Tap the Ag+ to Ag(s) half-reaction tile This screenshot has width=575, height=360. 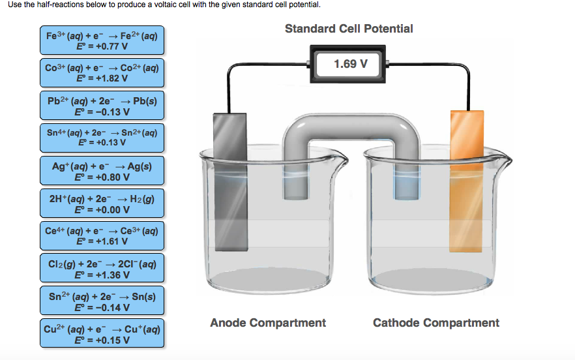click(x=102, y=171)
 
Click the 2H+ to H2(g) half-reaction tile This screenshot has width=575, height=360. click(x=102, y=203)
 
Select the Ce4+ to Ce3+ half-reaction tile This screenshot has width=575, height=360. click(x=102, y=236)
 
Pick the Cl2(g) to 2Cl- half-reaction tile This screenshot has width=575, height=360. click(x=102, y=269)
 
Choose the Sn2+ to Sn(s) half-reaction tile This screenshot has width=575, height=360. click(x=102, y=301)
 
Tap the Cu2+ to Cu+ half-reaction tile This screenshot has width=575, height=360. click(x=102, y=333)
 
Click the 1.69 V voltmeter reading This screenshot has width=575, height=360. click(x=350, y=64)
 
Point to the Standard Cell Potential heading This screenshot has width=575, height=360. click(x=349, y=29)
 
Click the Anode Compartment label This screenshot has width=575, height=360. click(x=268, y=323)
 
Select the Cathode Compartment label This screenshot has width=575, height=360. click(x=436, y=323)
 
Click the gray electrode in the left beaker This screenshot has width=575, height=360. click(x=231, y=183)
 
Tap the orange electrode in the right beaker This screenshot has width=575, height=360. click(x=467, y=183)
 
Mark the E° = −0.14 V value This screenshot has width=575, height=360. click(x=103, y=307)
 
